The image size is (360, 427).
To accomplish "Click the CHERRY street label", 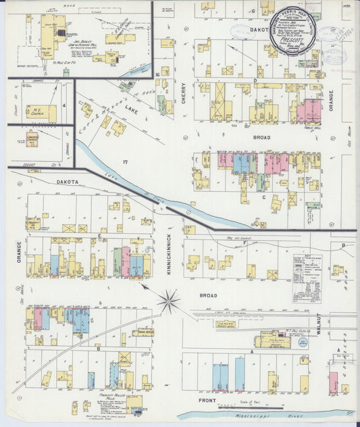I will click(184, 94).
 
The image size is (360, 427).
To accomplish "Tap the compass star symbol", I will click(169, 301).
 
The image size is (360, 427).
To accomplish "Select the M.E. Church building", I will click(42, 112).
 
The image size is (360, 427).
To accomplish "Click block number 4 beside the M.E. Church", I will click(63, 105).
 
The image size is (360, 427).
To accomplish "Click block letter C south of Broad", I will click(264, 197).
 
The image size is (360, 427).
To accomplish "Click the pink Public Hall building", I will click(309, 110).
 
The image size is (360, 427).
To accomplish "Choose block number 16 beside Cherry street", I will click(156, 74).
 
